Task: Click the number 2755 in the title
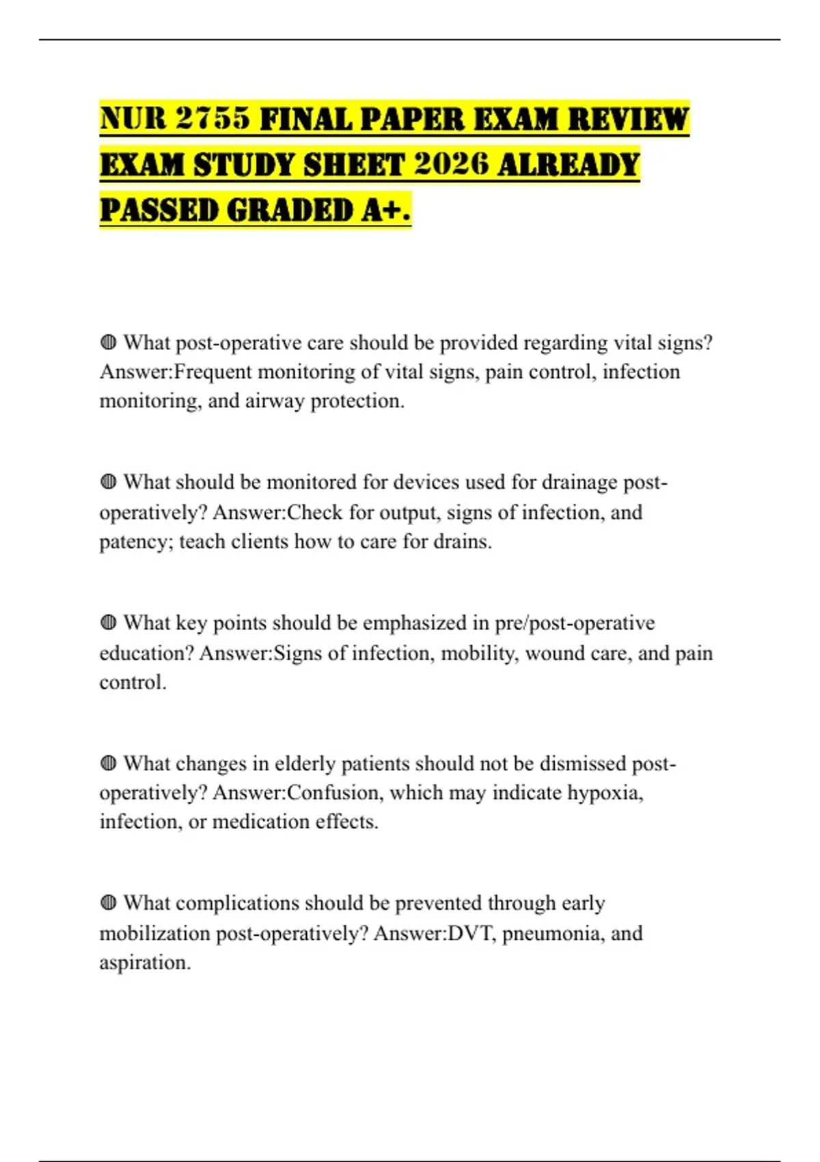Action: [213, 119]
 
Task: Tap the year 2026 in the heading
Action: [452, 165]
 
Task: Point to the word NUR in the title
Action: [133, 119]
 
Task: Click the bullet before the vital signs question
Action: [108, 342]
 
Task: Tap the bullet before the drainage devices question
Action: [108, 482]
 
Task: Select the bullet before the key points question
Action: [108, 623]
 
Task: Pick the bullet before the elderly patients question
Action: [108, 763]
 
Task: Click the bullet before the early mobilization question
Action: [108, 903]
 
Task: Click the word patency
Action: [135, 542]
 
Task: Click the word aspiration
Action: [144, 963]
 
